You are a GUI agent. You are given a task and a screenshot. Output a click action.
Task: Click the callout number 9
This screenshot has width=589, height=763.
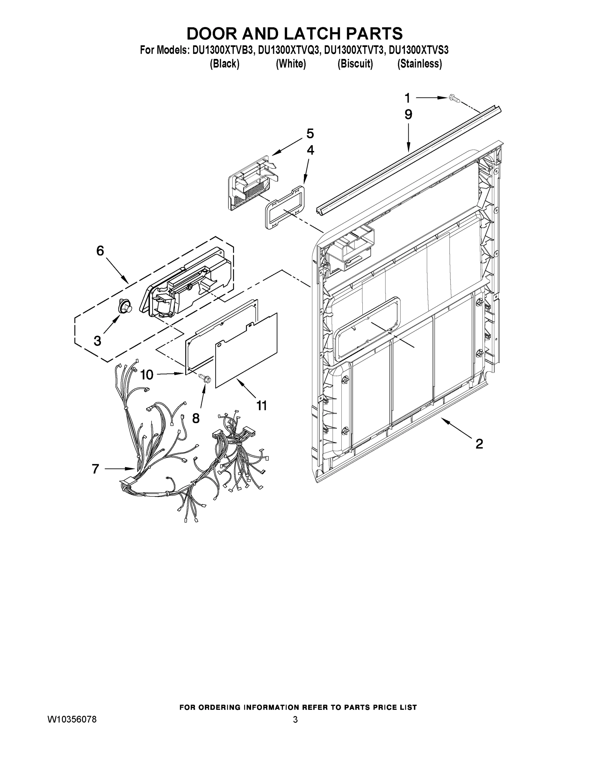click(408, 114)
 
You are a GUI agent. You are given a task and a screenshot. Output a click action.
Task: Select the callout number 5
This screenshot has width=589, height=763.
click(310, 134)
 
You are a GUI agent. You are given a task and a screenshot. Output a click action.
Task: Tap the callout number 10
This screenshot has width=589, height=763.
click(147, 375)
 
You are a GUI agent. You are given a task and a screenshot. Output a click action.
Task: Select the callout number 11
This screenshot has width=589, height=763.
click(261, 405)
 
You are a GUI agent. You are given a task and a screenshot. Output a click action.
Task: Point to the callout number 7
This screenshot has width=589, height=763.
click(95, 469)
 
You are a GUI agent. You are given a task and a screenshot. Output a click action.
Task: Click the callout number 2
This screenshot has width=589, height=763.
click(479, 444)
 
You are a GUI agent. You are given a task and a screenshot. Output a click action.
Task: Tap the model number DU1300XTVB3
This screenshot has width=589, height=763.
click(222, 50)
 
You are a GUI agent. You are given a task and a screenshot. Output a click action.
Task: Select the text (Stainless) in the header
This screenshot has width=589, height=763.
click(420, 64)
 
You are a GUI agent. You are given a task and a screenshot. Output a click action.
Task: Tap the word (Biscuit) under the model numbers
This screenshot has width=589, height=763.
click(355, 64)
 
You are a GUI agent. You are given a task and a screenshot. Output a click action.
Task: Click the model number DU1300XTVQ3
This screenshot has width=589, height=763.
click(289, 50)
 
